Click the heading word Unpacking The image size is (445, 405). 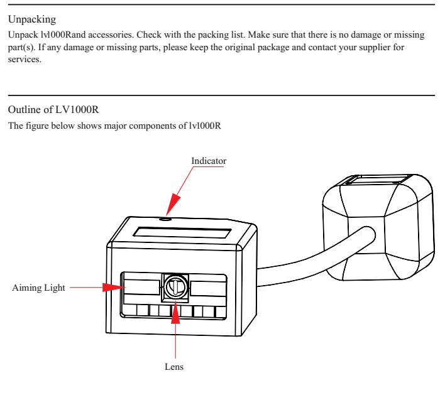click(31, 19)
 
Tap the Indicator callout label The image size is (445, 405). click(209, 161)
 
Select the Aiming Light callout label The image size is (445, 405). click(39, 288)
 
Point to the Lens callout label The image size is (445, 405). click(175, 367)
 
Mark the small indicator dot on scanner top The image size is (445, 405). click(165, 220)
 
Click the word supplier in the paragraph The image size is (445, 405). click(373, 48)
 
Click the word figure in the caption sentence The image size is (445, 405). click(36, 126)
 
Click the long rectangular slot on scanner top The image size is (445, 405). click(182, 232)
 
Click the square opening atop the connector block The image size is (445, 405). click(376, 181)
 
